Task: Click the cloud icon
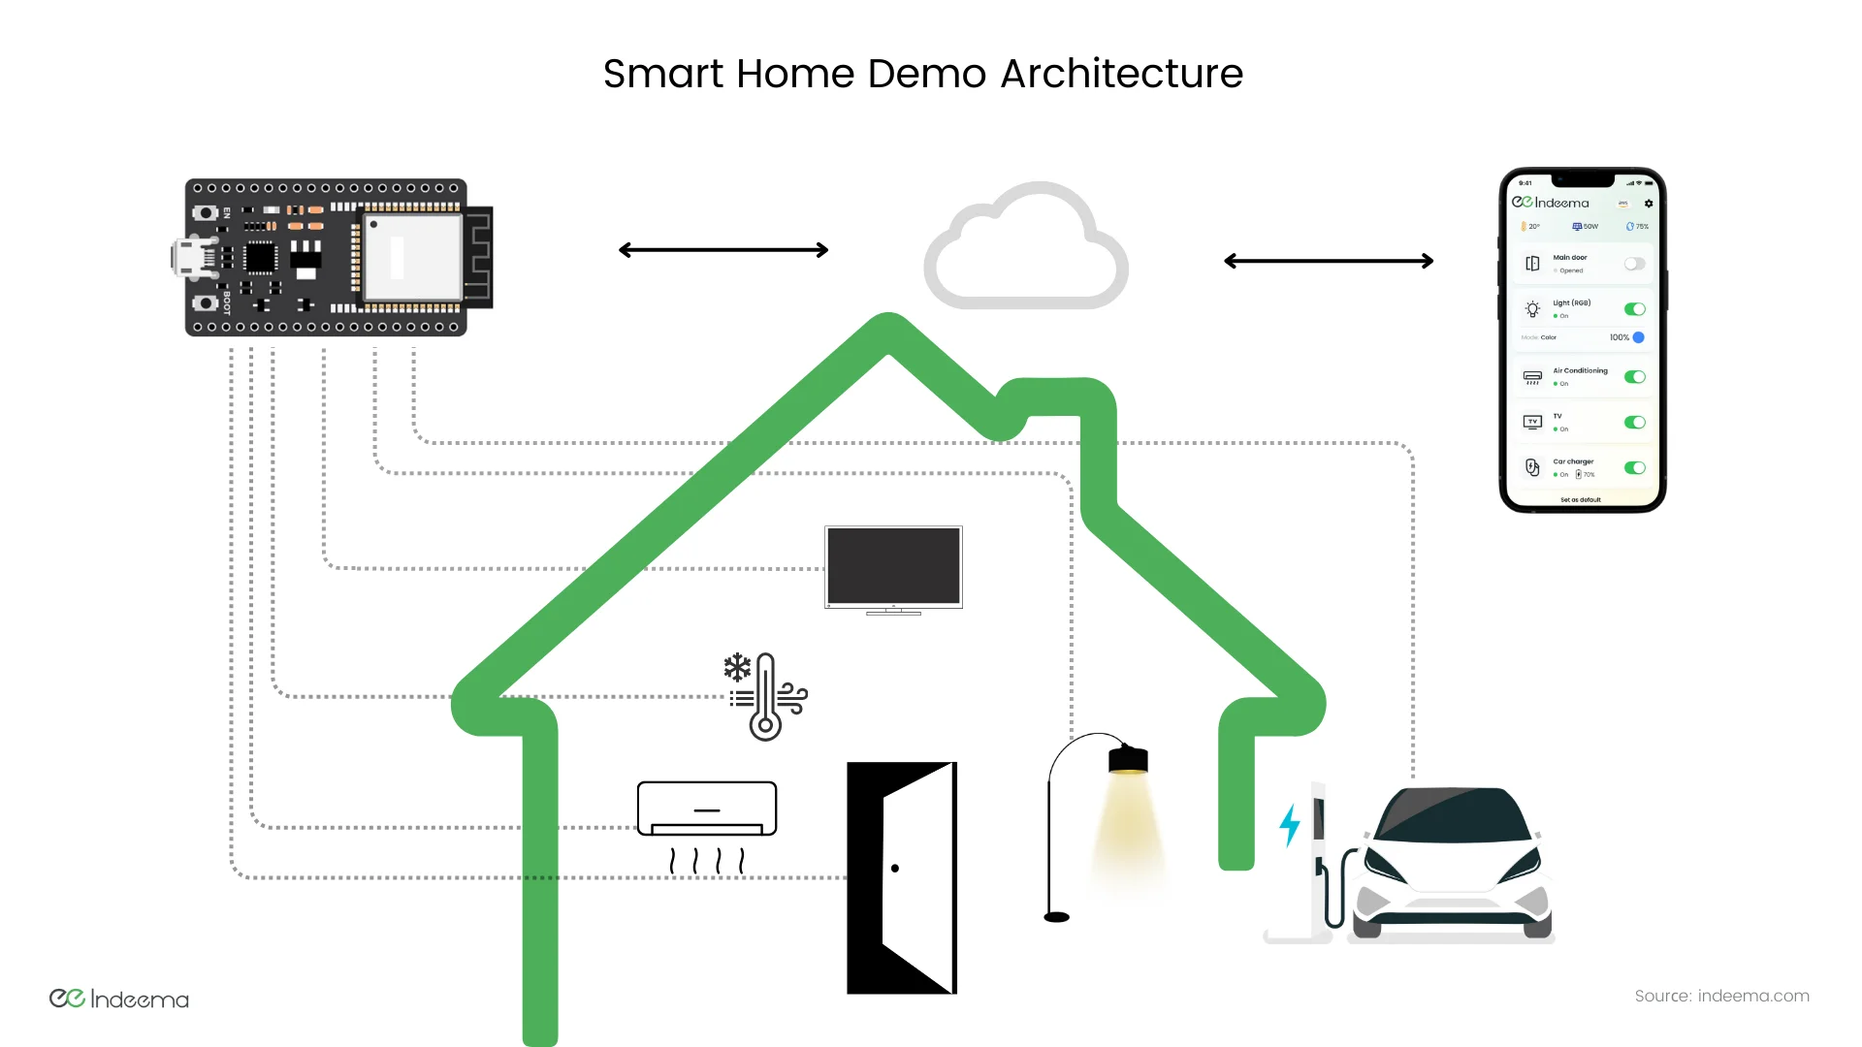click(1026, 249)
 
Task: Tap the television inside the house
click(893, 566)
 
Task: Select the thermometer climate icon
click(765, 696)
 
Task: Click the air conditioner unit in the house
click(707, 809)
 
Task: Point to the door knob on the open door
click(895, 869)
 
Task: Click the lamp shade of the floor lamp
click(1128, 759)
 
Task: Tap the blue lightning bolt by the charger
click(1290, 824)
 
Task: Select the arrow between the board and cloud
click(723, 250)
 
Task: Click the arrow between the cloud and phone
click(1329, 261)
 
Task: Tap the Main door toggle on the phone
click(1635, 264)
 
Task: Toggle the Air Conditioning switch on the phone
click(1635, 377)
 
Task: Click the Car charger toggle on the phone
click(1635, 467)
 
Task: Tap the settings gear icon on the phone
click(1649, 204)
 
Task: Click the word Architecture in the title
click(1121, 74)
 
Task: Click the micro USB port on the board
click(184, 258)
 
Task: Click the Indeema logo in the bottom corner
click(119, 999)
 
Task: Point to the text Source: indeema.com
click(1721, 996)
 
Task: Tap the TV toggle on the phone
click(1635, 423)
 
